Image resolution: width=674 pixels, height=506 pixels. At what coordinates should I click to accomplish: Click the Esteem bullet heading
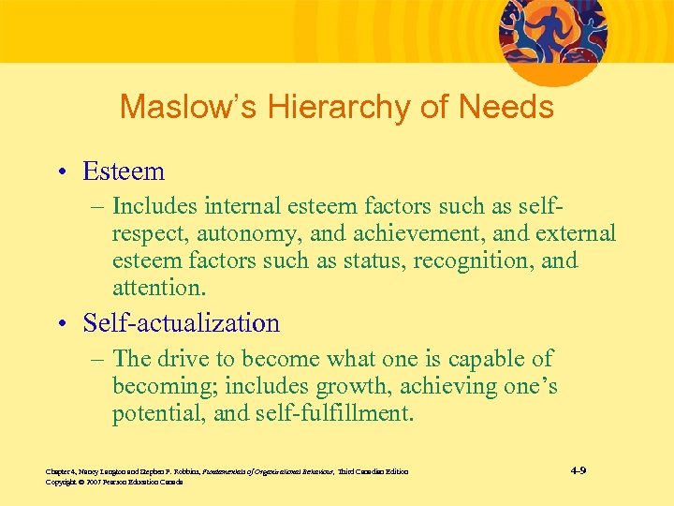[x=124, y=171]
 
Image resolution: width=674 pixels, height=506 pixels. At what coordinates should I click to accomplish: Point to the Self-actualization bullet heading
[x=181, y=323]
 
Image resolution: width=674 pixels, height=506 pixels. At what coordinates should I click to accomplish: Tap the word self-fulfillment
[x=332, y=412]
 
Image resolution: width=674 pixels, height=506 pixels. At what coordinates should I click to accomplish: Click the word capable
[x=490, y=359]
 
